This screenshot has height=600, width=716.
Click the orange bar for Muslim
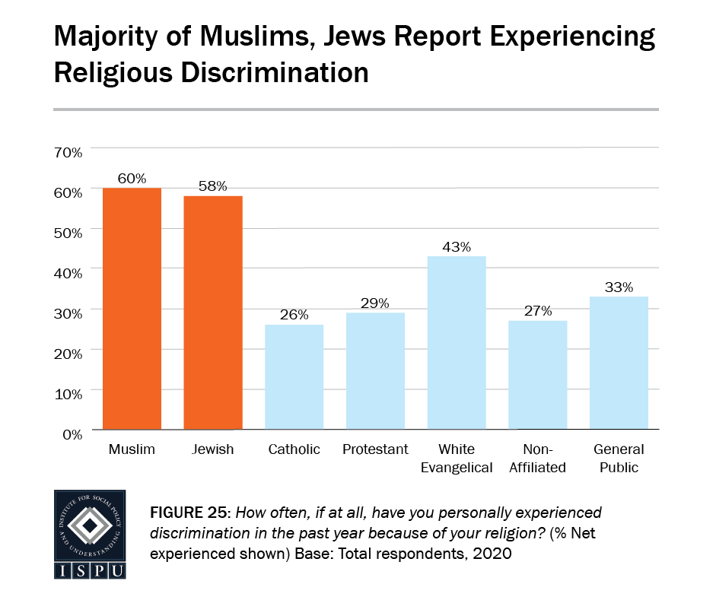coord(132,308)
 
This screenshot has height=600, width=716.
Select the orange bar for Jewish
coord(213,312)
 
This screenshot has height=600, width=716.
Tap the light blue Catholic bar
coord(294,376)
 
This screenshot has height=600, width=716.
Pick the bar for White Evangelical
coord(457,342)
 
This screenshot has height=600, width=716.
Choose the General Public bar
coord(619,363)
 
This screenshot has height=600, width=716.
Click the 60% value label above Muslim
coord(132,179)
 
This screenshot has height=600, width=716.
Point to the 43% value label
coord(457,247)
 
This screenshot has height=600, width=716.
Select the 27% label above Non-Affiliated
coord(537,312)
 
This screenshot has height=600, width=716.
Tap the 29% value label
coord(375,303)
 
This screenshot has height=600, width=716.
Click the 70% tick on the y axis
coord(67,153)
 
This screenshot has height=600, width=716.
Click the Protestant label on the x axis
coord(375,449)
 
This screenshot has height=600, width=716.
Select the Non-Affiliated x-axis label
coord(537,458)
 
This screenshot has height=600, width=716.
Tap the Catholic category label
coord(294,449)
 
